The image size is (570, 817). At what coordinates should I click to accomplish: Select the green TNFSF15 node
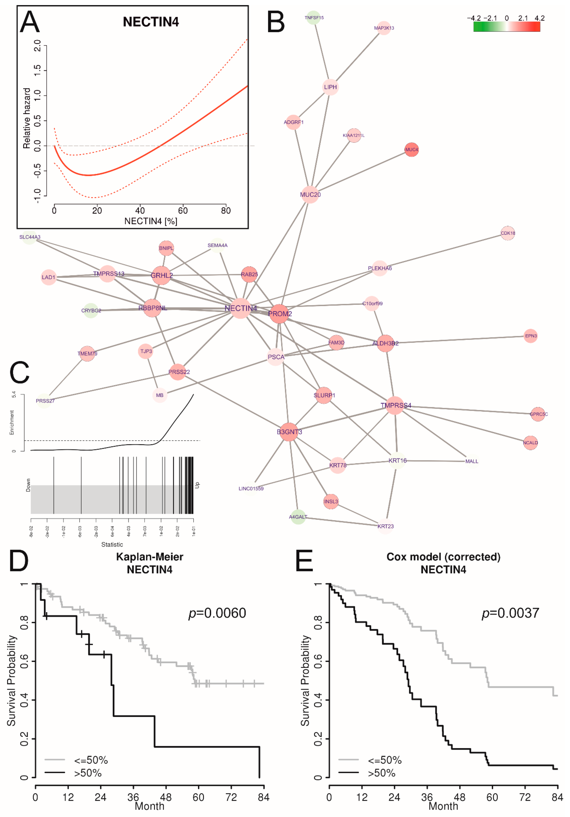(x=313, y=17)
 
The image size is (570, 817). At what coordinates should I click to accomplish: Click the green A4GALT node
(x=298, y=517)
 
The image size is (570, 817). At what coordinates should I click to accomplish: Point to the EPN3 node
(x=530, y=336)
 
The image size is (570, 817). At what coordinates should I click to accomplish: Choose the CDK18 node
(x=507, y=233)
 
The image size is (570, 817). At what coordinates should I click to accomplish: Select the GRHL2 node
(x=161, y=275)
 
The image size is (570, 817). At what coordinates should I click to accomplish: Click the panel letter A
(x=30, y=22)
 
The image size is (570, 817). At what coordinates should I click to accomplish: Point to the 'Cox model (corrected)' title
(x=443, y=557)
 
